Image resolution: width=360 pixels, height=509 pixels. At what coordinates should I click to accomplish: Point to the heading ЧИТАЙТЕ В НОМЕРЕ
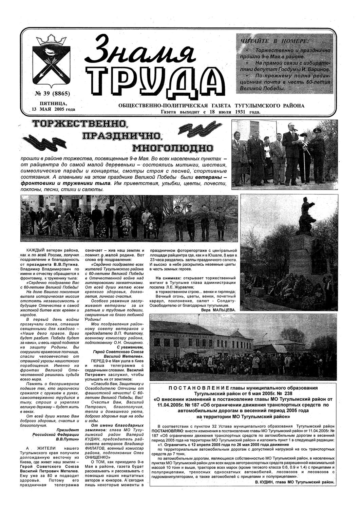click(274, 41)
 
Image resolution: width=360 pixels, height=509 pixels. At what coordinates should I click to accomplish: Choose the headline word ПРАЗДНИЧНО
click(121, 136)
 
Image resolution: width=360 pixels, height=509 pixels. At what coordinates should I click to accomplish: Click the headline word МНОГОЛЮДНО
click(172, 148)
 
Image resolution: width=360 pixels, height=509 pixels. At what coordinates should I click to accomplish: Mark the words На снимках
click(167, 278)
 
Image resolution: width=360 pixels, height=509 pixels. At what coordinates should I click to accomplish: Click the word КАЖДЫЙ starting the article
click(34, 250)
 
